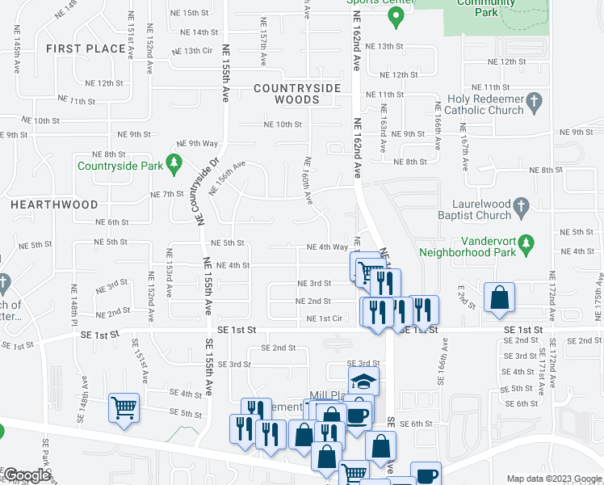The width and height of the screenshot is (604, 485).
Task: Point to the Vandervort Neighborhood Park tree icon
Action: [526, 242]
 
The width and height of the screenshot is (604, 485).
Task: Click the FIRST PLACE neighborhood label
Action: [86, 48]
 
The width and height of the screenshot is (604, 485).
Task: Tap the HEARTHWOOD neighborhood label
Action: [55, 205]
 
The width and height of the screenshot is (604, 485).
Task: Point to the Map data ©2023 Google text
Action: [553, 479]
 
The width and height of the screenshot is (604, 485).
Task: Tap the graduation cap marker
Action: [363, 380]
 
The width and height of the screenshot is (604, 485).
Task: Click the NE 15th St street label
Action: [190, 13]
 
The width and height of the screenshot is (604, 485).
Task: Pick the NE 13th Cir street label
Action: [192, 51]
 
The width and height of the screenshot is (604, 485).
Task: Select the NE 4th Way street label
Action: [327, 247]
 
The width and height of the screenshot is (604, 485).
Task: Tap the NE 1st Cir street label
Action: [325, 319]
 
